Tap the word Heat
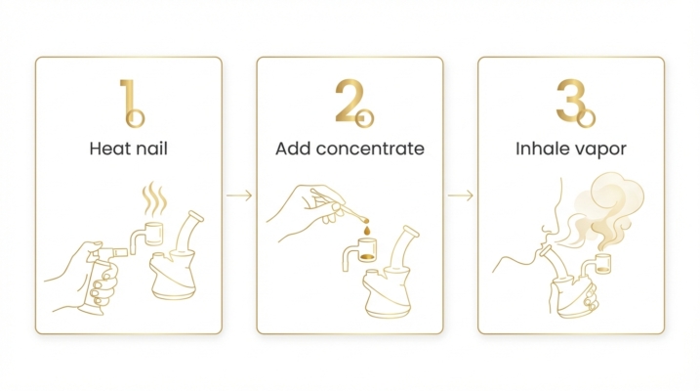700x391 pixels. tap(106, 150)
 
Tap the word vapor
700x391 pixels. tap(601, 150)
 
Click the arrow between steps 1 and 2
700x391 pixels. tap(239, 196)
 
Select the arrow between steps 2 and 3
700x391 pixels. tap(460, 196)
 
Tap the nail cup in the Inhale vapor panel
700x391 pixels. tap(603, 262)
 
